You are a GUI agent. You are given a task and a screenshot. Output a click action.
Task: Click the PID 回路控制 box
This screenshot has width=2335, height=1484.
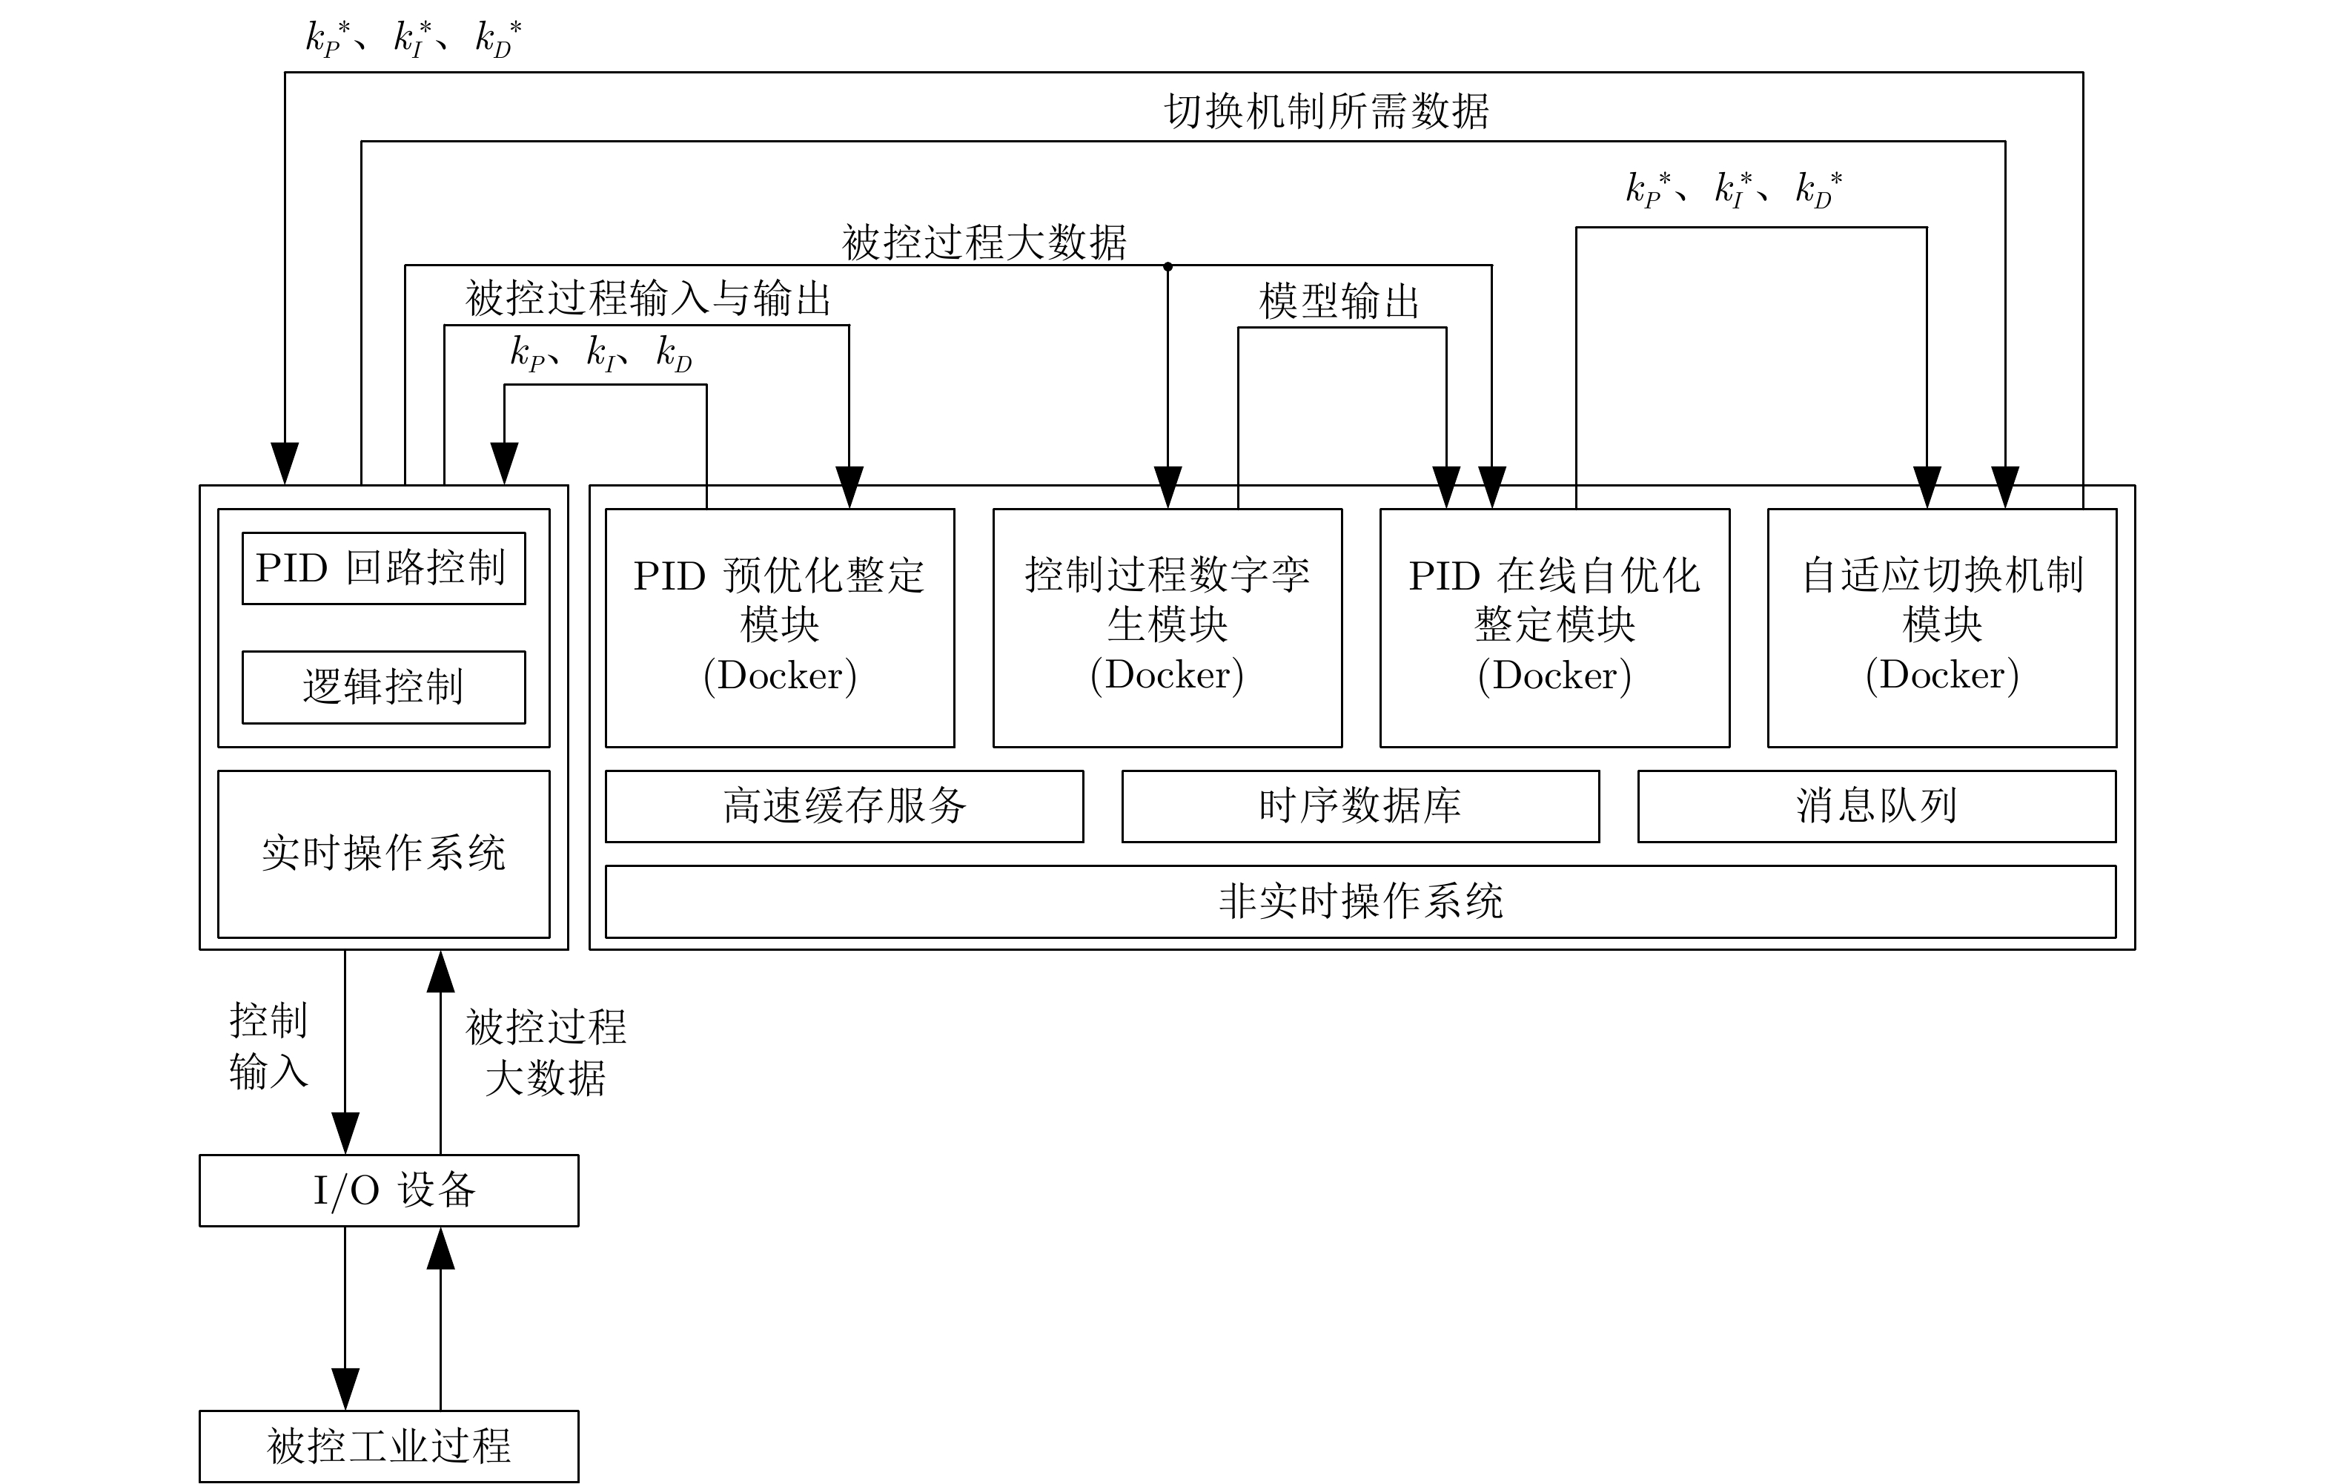[383, 568]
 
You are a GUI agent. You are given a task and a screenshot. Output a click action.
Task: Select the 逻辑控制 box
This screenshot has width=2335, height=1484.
[383, 687]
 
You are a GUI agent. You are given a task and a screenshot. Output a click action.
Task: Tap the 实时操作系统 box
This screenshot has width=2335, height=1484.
[383, 854]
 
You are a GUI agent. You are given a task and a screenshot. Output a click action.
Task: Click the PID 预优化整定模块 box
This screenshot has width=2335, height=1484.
[780, 627]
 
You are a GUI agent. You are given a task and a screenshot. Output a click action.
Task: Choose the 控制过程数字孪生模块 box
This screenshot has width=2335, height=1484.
[1167, 627]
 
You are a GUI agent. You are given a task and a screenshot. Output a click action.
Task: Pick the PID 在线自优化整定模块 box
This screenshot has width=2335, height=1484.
[1554, 627]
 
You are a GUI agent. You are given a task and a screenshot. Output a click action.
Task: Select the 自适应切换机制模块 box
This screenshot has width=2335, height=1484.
[1941, 627]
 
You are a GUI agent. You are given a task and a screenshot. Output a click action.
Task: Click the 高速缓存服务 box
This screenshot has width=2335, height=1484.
[844, 806]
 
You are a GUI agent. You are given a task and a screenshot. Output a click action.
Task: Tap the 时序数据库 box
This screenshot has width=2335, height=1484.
[1359, 806]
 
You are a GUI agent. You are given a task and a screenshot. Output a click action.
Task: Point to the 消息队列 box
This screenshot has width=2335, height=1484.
[1876, 806]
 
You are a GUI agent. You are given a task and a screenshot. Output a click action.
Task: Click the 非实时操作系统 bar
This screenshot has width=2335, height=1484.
[1359, 901]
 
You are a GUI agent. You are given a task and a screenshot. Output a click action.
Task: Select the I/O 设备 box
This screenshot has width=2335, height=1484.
[389, 1190]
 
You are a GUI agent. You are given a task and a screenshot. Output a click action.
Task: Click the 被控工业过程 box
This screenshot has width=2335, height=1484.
[389, 1446]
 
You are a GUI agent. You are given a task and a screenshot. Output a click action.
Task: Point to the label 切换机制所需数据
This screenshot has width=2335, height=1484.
[1327, 111]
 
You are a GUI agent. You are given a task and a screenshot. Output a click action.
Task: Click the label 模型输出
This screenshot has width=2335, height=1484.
[1339, 302]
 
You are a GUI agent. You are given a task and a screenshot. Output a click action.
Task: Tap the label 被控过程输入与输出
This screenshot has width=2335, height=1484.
[648, 299]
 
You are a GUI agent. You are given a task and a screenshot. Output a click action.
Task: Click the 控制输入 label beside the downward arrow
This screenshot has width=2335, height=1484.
[268, 1046]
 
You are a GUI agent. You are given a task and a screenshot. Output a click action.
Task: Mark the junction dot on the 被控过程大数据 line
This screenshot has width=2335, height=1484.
[1167, 266]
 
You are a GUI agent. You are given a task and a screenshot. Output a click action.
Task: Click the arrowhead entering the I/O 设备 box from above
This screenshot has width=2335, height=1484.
[345, 1134]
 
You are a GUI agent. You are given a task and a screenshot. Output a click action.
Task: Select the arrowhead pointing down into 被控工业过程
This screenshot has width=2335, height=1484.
[345, 1389]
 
